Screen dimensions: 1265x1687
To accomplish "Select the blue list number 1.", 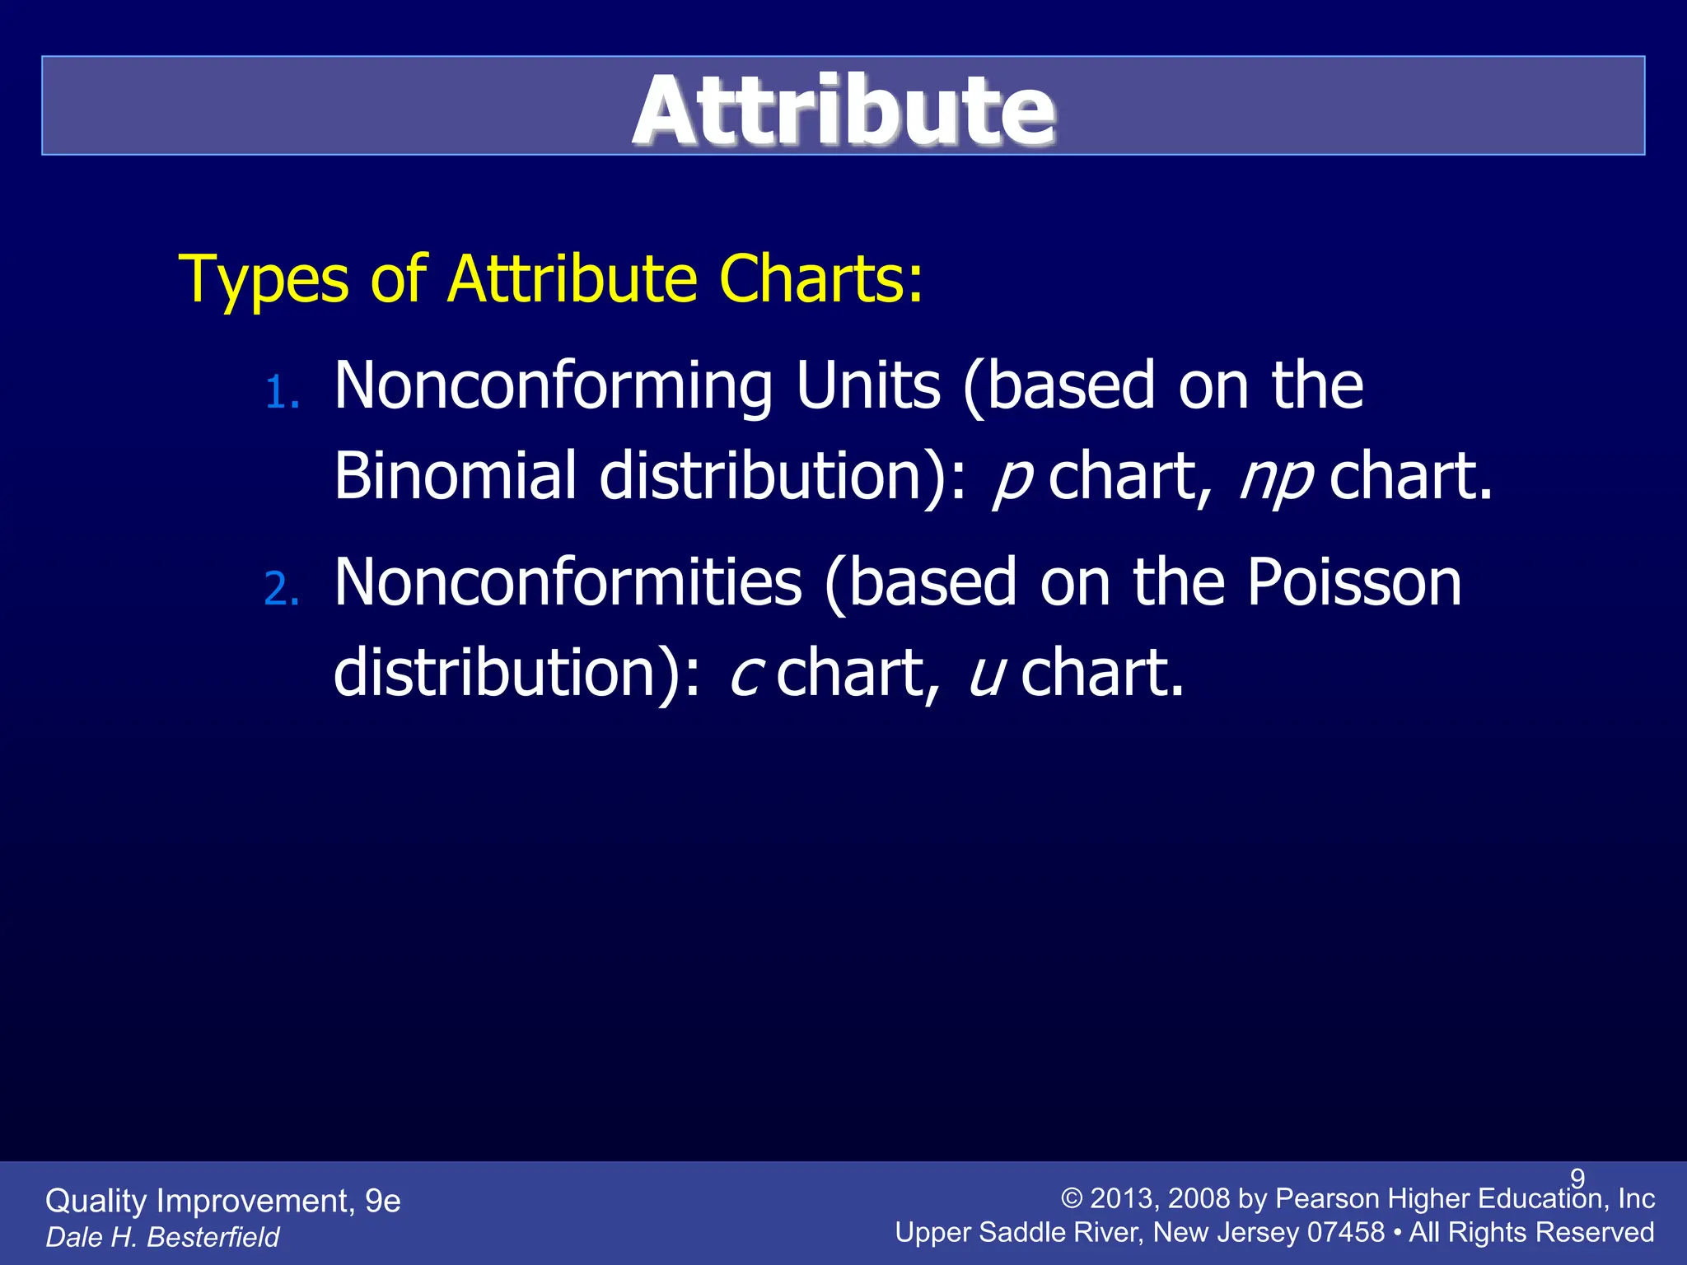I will point(281,393).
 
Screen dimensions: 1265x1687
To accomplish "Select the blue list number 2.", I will point(281,590).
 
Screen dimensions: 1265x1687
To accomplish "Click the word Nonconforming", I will point(553,387).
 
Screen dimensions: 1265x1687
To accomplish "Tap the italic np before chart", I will point(1275,478).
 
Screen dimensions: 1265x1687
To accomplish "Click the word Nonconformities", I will point(568,583).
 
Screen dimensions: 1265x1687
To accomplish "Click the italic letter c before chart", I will point(746,674).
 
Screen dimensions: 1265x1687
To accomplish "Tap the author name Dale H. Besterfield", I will point(162,1236).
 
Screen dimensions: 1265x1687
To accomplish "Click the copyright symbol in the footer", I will point(1071,1199).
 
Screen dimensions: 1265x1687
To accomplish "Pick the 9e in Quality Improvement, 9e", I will point(382,1201).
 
